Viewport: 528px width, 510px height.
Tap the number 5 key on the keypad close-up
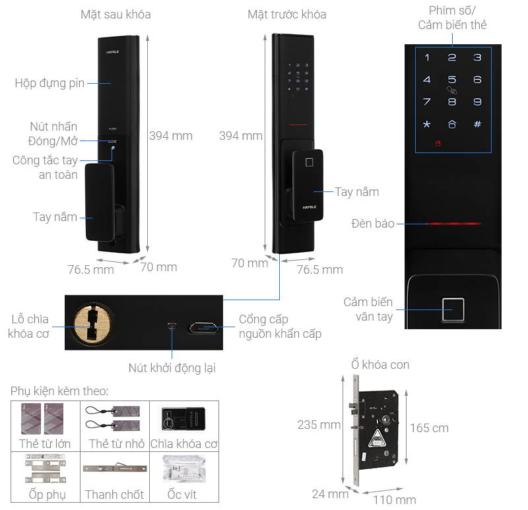(x=452, y=80)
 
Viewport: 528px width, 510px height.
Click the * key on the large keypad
(x=426, y=124)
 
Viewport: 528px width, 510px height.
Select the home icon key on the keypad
(x=452, y=124)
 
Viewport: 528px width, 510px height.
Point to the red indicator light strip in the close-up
(x=454, y=224)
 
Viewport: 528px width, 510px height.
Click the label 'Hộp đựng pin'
(x=49, y=83)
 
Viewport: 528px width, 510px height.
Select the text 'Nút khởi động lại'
(x=172, y=368)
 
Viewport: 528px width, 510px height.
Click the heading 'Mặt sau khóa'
(x=115, y=14)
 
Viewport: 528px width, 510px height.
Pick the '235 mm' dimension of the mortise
(x=318, y=425)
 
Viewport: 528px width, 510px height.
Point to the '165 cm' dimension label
(x=429, y=428)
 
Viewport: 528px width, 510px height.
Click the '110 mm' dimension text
(x=394, y=499)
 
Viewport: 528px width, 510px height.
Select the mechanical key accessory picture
(x=183, y=418)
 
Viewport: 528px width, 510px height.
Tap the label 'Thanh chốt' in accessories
(x=115, y=494)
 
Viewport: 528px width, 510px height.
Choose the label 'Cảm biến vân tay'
(x=368, y=309)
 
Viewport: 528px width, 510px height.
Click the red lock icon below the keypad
(x=436, y=144)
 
